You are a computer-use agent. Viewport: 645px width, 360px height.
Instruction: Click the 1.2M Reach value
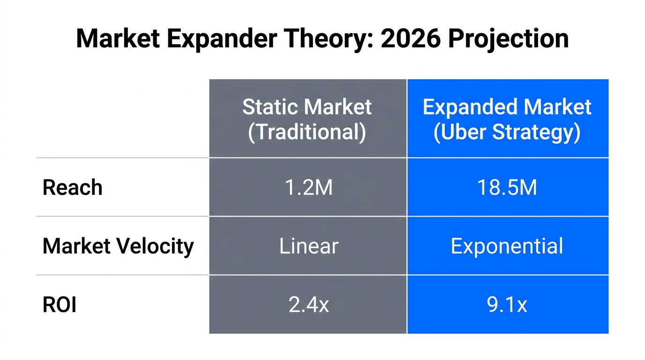(308, 187)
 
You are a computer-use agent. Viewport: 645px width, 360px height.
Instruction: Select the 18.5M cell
(507, 187)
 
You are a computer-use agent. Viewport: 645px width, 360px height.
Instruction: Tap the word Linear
(308, 246)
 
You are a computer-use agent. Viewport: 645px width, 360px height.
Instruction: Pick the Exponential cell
(507, 246)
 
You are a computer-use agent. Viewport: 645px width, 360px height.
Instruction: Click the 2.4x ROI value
(308, 305)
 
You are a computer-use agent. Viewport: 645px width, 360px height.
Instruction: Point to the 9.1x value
(507, 305)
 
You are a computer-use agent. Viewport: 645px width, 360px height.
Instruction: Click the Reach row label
(73, 187)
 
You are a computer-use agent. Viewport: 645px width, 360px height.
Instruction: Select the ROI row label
(60, 305)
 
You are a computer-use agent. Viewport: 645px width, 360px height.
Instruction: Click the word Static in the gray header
(268, 107)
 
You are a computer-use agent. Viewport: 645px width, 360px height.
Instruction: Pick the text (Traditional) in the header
(307, 132)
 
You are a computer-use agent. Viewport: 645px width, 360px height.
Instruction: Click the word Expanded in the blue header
(470, 107)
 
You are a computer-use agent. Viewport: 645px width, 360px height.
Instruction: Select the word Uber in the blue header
(460, 132)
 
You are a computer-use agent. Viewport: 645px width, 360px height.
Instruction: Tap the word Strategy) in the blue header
(537, 132)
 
